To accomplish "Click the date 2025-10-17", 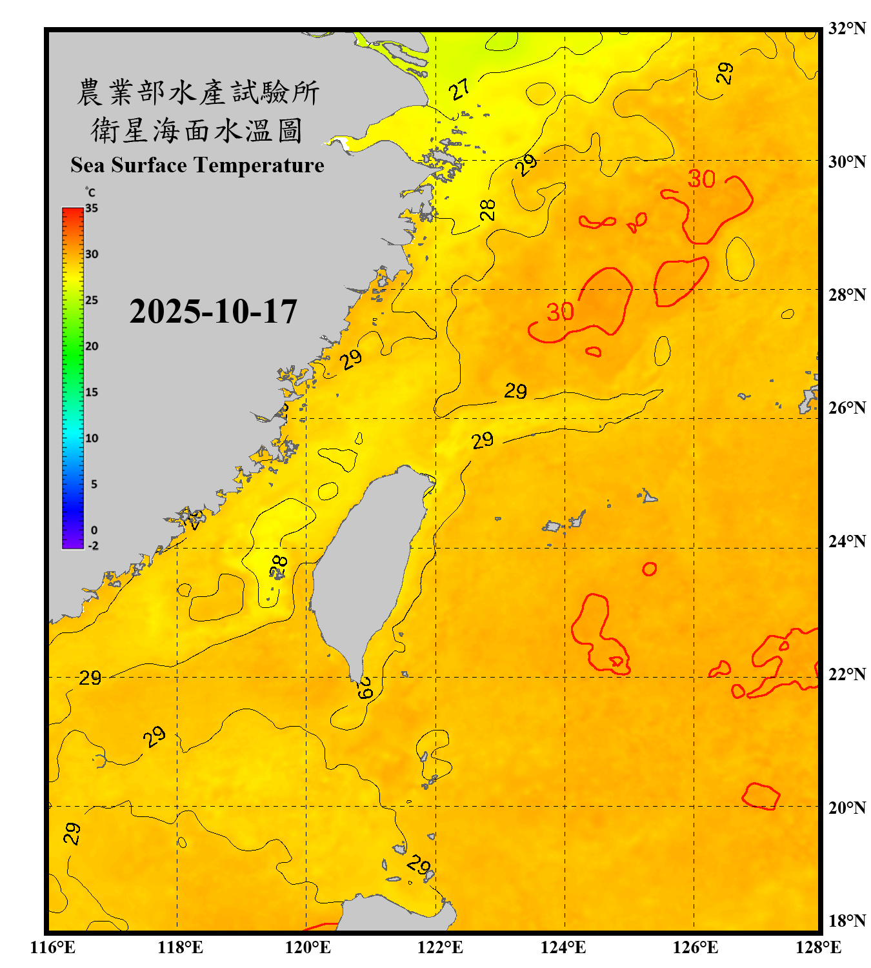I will (213, 312).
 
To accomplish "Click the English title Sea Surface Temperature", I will (197, 165).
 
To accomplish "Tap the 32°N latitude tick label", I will (846, 28).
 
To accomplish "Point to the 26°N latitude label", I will (846, 408).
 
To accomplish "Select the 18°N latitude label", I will (846, 921).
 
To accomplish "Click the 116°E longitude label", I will (53, 947).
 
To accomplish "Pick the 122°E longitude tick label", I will (440, 947).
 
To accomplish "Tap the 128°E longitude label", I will (818, 947).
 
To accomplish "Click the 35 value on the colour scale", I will (92, 208).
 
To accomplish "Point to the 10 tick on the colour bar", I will (92, 438).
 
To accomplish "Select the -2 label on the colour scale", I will (93, 546).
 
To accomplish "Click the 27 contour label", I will (460, 89).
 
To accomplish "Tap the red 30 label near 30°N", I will (701, 179).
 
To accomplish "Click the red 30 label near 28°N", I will (560, 312).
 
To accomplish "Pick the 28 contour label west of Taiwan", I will (279, 567).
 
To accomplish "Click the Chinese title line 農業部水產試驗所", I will (198, 92).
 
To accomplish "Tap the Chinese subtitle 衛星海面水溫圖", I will (197, 130).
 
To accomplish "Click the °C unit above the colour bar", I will (90, 192).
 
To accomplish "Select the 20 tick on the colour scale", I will (92, 347).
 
